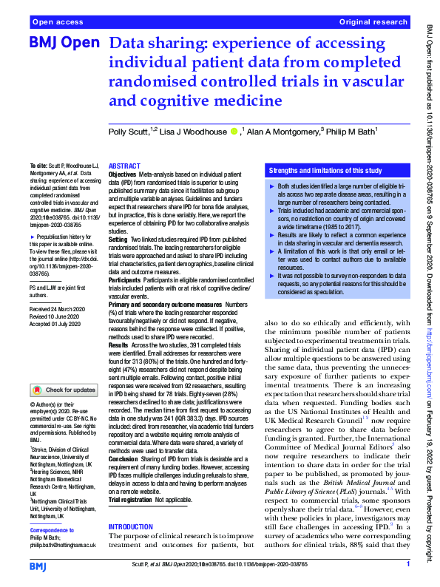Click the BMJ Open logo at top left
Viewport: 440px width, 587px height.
tap(63, 44)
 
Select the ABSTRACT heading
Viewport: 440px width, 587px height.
tap(124, 166)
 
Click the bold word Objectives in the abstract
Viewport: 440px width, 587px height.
tap(123, 174)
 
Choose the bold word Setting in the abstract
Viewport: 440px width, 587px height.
tap(118, 241)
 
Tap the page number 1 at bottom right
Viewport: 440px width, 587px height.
tap(407, 564)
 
